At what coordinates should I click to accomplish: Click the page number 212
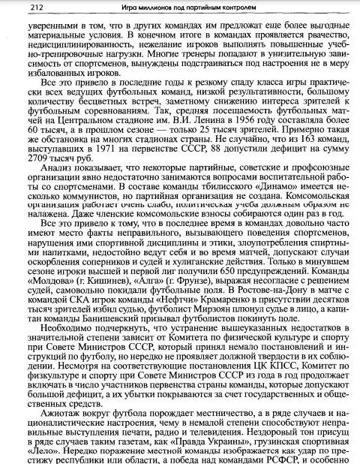[18, 8]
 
